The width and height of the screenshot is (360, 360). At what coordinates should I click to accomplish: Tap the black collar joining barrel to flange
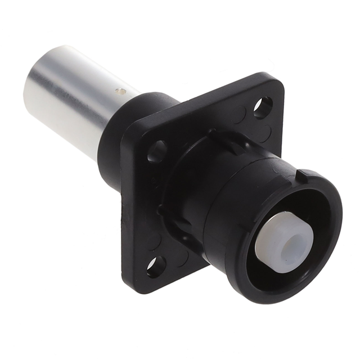(124, 132)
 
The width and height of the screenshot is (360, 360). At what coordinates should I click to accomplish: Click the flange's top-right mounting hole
(262, 107)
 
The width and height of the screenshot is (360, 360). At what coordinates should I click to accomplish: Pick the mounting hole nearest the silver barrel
(157, 151)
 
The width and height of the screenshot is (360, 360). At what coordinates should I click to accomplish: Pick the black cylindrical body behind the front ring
(225, 202)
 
